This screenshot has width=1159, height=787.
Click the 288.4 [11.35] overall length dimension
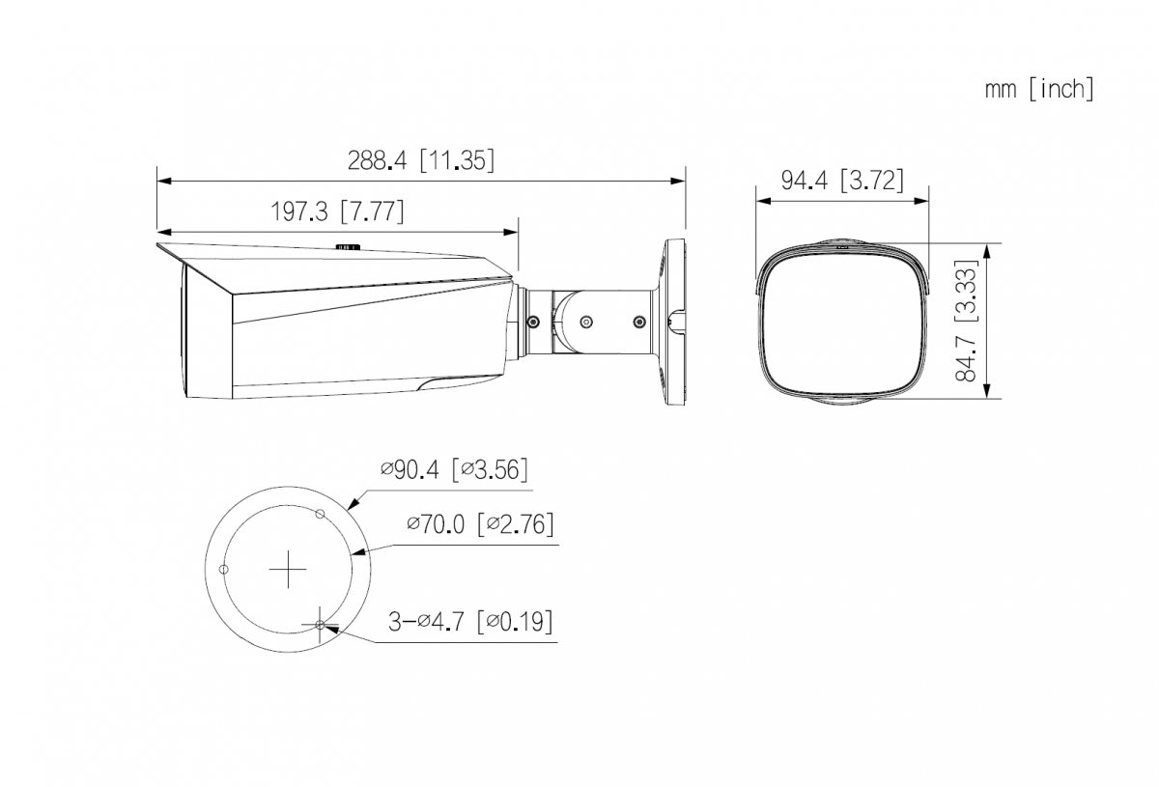tap(421, 160)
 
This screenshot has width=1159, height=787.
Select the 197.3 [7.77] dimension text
tap(337, 211)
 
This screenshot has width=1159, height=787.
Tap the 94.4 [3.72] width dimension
tap(842, 180)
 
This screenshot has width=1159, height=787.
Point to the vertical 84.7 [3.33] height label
tap(966, 321)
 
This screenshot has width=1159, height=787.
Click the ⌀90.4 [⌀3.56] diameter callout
tap(454, 470)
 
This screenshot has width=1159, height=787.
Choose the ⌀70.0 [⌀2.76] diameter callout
tap(480, 524)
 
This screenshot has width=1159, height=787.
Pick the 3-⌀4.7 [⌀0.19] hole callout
tap(470, 622)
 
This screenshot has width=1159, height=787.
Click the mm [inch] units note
tap(1039, 89)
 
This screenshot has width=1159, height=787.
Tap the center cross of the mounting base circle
tap(288, 569)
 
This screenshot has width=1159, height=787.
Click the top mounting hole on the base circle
tap(321, 514)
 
